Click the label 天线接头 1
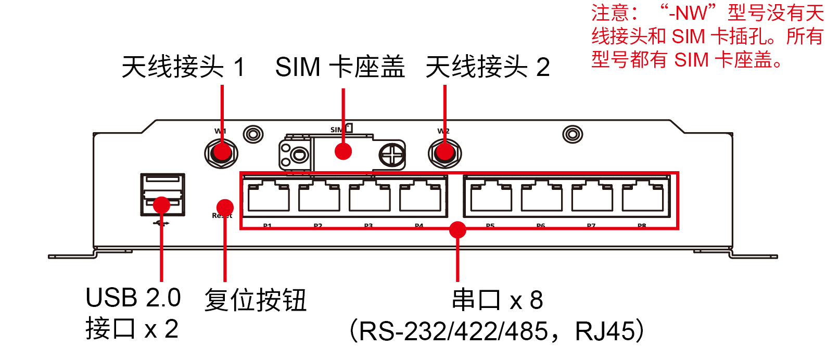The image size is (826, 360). (183, 68)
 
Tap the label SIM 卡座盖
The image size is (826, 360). (339, 68)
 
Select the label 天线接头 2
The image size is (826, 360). (487, 68)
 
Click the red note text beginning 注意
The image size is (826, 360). (707, 36)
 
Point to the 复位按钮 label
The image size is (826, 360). (255, 300)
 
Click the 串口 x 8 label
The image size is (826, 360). (498, 300)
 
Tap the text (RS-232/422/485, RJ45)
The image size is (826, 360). (497, 331)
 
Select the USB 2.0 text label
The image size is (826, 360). (133, 298)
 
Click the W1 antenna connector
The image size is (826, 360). (222, 153)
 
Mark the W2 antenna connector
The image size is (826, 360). (444, 153)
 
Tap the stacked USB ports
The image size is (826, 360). (162, 194)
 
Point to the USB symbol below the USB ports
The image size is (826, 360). (162, 223)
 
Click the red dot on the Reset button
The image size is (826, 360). (225, 207)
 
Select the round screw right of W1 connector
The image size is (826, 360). (253, 134)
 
